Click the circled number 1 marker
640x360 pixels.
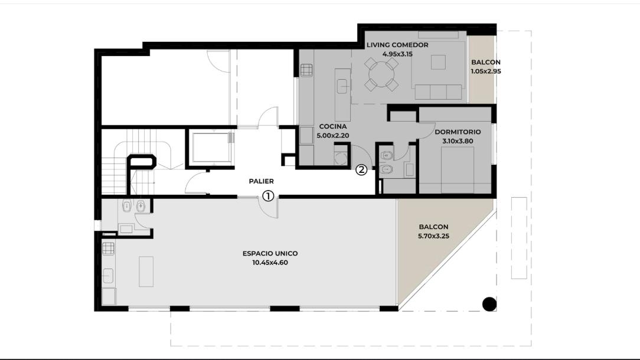[268, 196]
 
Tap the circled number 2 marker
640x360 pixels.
[361, 170]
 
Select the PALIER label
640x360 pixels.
[261, 181]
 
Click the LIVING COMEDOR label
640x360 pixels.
[397, 45]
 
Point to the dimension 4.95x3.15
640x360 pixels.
[397, 54]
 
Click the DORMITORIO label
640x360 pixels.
[458, 132]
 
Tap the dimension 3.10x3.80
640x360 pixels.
[458, 141]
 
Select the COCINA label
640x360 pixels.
[332, 126]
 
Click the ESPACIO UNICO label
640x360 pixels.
[270, 253]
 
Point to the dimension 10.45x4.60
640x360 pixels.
[270, 263]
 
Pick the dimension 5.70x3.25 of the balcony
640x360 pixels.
[433, 236]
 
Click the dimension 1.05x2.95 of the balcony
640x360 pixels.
[486, 71]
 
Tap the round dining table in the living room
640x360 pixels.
[381, 75]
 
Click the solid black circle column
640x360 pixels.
[489, 304]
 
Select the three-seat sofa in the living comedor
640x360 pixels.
[438, 92]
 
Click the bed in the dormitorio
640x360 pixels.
[458, 170]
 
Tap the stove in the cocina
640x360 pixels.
[306, 70]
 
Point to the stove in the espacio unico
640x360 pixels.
[108, 248]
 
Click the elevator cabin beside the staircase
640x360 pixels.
[211, 148]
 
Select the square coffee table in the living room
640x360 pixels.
[438, 62]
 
